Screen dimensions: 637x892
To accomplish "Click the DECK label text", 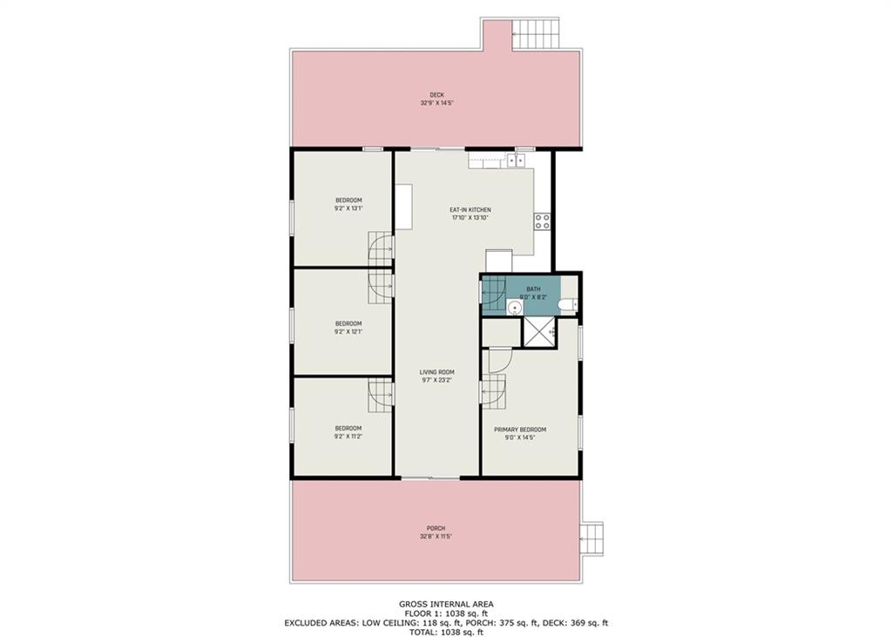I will (436, 95).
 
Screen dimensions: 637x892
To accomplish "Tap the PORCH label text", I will (436, 528).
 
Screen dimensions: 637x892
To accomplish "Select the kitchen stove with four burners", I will (542, 220).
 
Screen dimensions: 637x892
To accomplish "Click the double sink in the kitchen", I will (516, 159).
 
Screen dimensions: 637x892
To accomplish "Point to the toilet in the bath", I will (567, 304).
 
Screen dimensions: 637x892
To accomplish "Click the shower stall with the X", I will (538, 332).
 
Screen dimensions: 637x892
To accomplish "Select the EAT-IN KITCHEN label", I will (470, 210).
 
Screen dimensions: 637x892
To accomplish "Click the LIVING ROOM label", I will (436, 372).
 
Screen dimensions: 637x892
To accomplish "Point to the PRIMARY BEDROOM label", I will (520, 430).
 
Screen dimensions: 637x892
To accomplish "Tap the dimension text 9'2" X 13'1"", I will (348, 208).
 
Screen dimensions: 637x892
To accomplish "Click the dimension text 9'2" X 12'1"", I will (348, 331).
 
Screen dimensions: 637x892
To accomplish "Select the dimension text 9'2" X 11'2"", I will (348, 436).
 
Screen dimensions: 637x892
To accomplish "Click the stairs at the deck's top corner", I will (535, 35).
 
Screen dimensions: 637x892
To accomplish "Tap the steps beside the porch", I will (592, 537).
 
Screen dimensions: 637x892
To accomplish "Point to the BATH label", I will (533, 289).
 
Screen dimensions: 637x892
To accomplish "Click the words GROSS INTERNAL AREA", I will (445, 603).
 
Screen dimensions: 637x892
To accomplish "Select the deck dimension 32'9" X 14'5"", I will (436, 103).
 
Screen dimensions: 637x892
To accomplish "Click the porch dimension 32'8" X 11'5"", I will (436, 536).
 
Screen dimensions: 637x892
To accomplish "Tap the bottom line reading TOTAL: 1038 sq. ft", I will (445, 632).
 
